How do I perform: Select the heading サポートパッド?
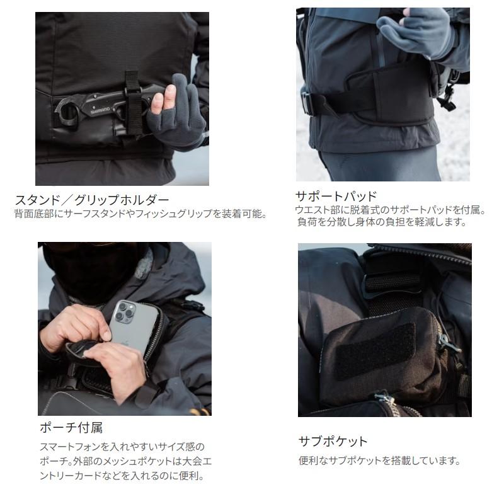tap(336, 195)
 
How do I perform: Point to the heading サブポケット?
tap(333, 441)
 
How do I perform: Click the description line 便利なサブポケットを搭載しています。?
tap(379, 461)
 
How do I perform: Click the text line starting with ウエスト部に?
tap(391, 209)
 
